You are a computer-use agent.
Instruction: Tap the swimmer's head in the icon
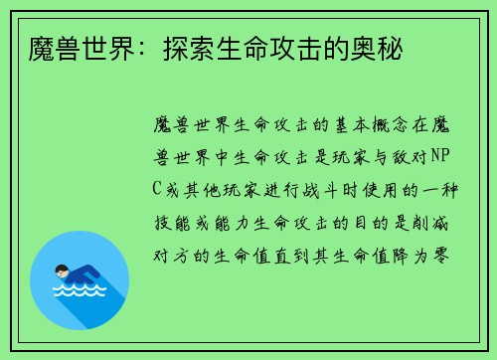pyautogui.click(x=62, y=270)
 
